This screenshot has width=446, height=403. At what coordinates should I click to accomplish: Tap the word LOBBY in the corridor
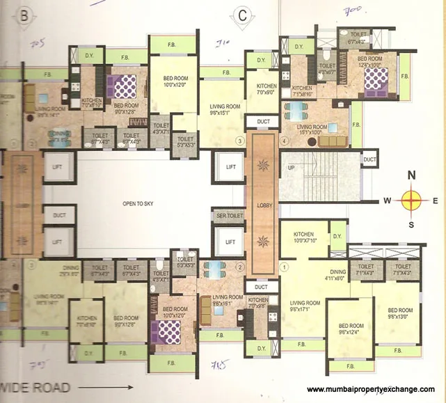point(263,206)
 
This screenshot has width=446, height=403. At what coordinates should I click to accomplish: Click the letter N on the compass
point(411,175)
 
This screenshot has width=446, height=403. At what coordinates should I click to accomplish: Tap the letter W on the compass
point(387,201)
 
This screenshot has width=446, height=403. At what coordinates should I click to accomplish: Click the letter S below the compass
point(411,225)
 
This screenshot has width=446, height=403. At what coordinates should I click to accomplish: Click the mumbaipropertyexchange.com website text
point(371,389)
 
